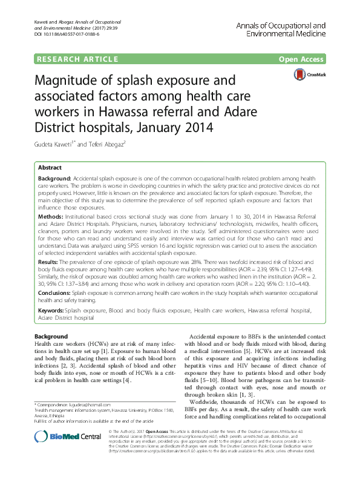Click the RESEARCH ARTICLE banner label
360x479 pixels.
pyautogui.click(x=76, y=59)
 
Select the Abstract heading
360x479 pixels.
pyautogui.click(x=50, y=167)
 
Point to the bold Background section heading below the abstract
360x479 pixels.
pyautogui.click(x=50, y=336)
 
